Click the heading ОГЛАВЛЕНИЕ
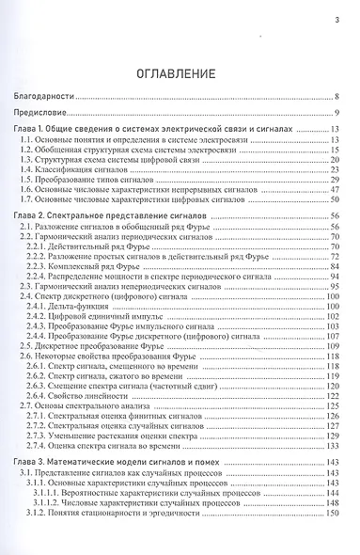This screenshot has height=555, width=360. [180, 72]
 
